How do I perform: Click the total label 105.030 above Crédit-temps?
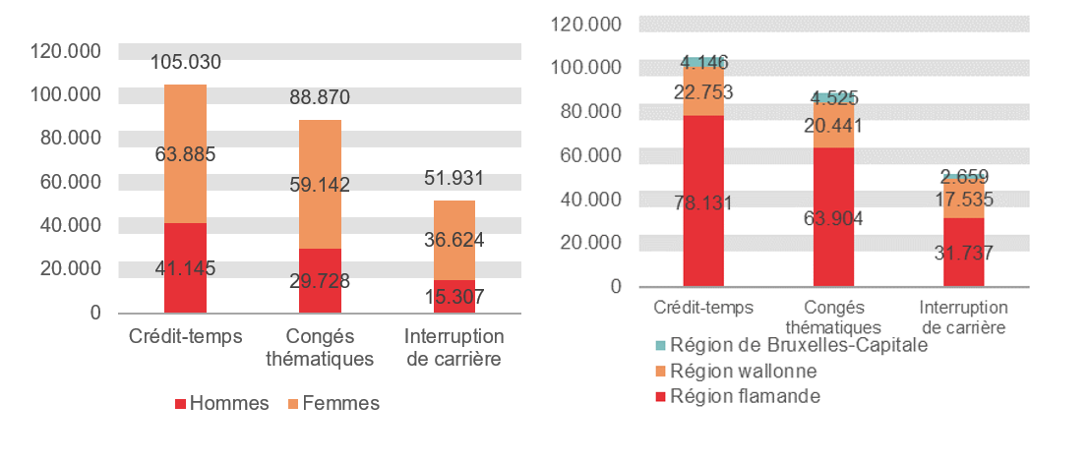(x=185, y=62)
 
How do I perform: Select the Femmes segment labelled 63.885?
(x=185, y=153)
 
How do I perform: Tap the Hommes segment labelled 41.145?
(x=185, y=267)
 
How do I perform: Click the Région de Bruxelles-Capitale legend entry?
(x=789, y=346)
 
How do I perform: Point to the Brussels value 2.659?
(x=964, y=177)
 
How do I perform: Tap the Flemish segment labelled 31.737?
(x=964, y=252)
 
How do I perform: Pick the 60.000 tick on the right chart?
(x=587, y=155)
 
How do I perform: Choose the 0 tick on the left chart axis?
(x=95, y=313)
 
